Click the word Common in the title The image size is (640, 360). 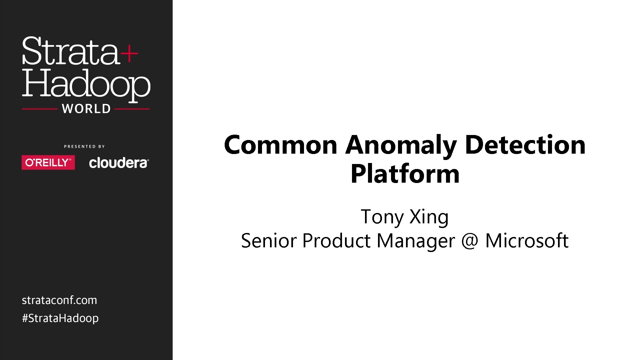[x=281, y=145]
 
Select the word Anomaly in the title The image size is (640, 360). [x=401, y=146]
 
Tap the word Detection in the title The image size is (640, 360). [x=525, y=145]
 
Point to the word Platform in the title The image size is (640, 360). [x=405, y=174]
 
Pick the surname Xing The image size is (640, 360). [x=429, y=217]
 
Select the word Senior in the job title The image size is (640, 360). [x=268, y=241]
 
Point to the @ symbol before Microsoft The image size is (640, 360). [x=470, y=241]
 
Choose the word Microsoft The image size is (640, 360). [x=527, y=241]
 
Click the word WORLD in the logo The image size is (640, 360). [x=86, y=109]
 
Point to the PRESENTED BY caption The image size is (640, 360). [x=84, y=146]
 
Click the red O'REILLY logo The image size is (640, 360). [x=48, y=162]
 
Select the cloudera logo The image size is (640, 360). [x=119, y=163]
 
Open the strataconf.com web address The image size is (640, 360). [x=59, y=300]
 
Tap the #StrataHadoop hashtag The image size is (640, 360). [x=60, y=318]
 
